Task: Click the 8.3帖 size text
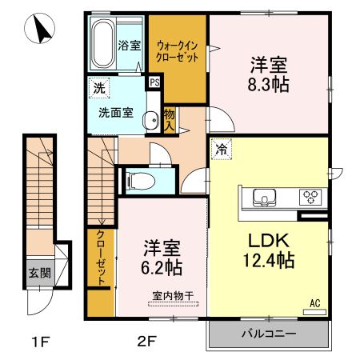pos(268,82)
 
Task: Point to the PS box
pos(153,80)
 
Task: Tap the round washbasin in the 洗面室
pos(150,121)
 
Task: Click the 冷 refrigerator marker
pos(218,149)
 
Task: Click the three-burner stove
pos(310,196)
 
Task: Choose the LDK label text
pos(268,240)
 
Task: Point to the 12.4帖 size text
pos(268,260)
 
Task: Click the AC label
pos(315,302)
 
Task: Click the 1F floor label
pos(41,345)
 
